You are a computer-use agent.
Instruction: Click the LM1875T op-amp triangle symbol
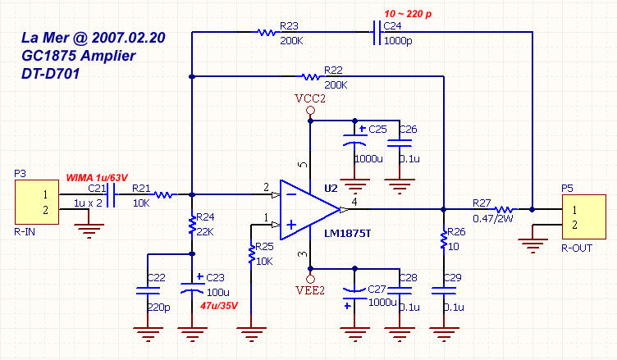click(308, 210)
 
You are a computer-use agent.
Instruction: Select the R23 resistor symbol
click(265, 33)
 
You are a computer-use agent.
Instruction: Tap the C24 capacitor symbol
click(375, 33)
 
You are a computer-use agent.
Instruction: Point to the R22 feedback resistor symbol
click(310, 77)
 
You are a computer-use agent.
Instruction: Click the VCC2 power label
click(310, 98)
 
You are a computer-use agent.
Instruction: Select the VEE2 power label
click(310, 289)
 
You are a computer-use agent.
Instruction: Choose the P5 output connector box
click(580, 216)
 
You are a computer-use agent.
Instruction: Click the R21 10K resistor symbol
click(163, 195)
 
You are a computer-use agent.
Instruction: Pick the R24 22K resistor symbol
click(191, 222)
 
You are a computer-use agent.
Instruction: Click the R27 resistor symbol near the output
click(502, 209)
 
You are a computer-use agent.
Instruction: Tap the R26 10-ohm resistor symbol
click(444, 239)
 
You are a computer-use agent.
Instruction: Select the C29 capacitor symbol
click(444, 288)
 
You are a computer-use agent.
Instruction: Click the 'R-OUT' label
click(578, 246)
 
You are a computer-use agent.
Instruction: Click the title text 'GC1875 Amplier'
click(78, 55)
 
